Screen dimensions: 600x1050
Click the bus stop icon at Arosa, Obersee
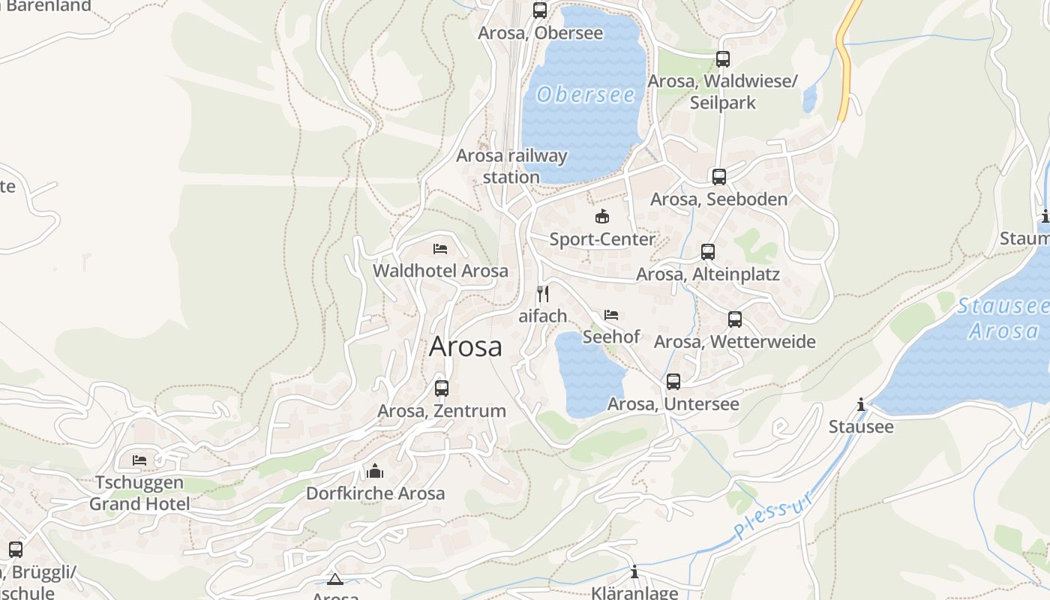tap(540, 10)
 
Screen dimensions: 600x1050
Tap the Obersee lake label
tap(586, 95)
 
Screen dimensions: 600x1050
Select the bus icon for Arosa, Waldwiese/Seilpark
tap(722, 58)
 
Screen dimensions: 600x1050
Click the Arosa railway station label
tap(511, 166)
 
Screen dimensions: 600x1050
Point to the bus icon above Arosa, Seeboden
tap(719, 177)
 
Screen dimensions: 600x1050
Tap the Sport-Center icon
tap(601, 217)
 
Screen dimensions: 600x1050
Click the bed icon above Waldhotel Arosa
tap(440, 248)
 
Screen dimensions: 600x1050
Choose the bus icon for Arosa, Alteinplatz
tap(708, 252)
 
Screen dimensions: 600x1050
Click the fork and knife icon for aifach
tap(543, 293)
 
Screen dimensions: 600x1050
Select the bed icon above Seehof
tap(611, 314)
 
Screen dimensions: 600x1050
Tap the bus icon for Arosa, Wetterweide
tap(735, 319)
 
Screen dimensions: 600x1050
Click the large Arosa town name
tap(466, 346)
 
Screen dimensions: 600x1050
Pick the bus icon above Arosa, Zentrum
tap(442, 388)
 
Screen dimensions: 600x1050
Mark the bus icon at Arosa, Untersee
tap(673, 382)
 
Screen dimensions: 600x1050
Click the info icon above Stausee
tap(861, 405)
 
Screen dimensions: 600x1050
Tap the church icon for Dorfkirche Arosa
tap(375, 471)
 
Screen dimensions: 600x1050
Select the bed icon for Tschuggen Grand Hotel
tap(139, 460)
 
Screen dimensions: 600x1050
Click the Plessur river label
tap(774, 516)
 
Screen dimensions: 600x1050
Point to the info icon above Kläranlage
tap(634, 571)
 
